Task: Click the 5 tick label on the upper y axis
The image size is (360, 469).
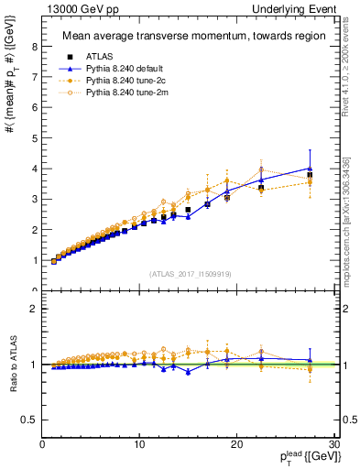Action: pyautogui.click(x=34, y=138)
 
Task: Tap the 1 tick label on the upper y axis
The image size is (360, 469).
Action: pyautogui.click(x=34, y=260)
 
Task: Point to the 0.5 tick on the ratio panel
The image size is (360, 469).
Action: pyautogui.click(x=29, y=420)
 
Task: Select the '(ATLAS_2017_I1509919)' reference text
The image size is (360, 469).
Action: pyautogui.click(x=190, y=272)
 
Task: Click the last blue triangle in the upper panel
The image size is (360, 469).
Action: pyautogui.click(x=310, y=169)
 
